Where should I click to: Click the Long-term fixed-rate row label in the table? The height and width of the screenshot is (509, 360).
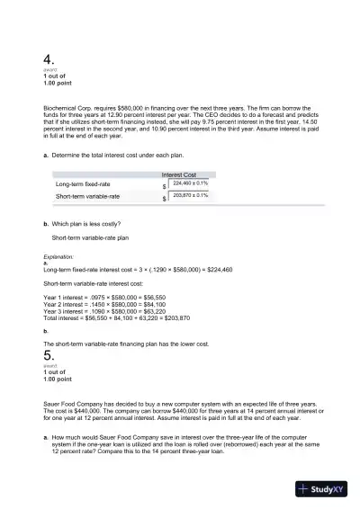85,183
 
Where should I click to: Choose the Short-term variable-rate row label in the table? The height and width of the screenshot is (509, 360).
87,195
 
